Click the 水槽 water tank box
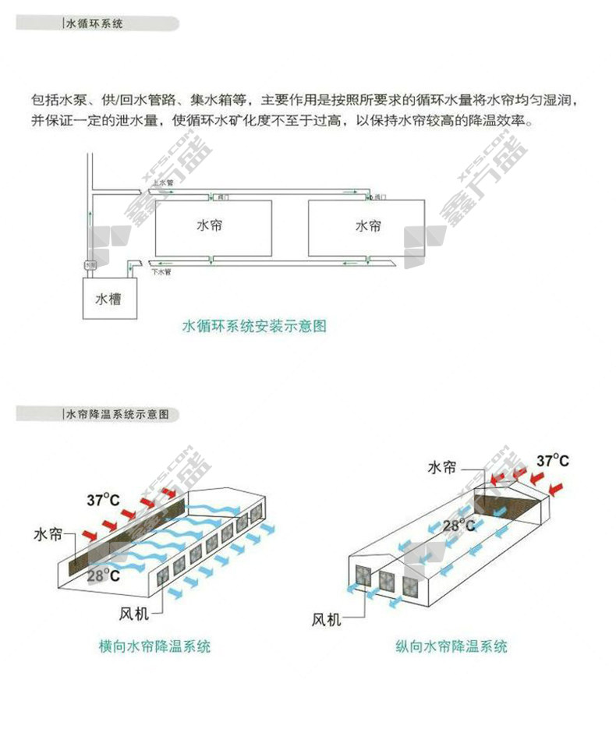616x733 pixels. pyautogui.click(x=108, y=298)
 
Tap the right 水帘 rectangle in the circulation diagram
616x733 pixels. pyautogui.click(x=367, y=226)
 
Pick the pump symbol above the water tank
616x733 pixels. pyautogui.click(x=90, y=265)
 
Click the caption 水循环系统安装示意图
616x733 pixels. pyautogui.click(x=253, y=326)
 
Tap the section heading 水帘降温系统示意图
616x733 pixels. pyautogui.click(x=115, y=414)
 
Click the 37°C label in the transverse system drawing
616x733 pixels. pyautogui.click(x=101, y=500)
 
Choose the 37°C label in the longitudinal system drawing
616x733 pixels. pyautogui.click(x=551, y=460)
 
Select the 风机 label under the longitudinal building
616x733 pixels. pyautogui.click(x=325, y=620)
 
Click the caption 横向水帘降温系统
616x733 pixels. pyautogui.click(x=155, y=646)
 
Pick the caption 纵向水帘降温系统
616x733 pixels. pyautogui.click(x=451, y=646)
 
